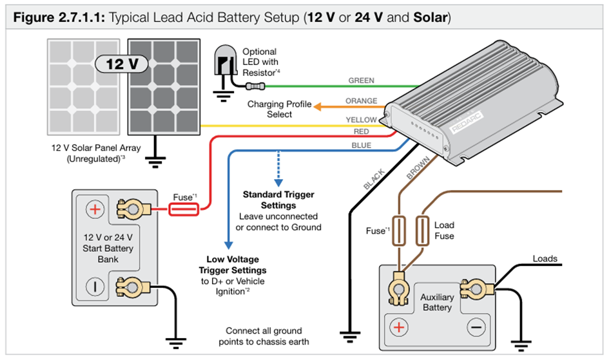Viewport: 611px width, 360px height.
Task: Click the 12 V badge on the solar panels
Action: click(x=122, y=64)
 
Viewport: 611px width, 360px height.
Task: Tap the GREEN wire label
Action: click(x=361, y=81)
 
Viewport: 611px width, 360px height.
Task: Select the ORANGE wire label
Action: click(x=362, y=101)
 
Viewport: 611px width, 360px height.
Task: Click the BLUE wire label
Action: click(x=361, y=146)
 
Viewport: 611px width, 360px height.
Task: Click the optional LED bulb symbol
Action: click(x=225, y=63)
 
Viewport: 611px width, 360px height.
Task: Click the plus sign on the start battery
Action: click(x=95, y=209)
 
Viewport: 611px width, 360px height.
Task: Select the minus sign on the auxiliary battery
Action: click(x=477, y=327)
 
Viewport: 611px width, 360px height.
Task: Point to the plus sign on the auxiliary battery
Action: click(x=400, y=327)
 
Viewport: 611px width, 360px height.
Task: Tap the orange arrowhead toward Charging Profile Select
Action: click(x=318, y=105)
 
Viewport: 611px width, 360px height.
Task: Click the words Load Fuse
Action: click(x=444, y=231)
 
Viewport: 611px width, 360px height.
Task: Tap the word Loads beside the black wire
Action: click(x=545, y=259)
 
